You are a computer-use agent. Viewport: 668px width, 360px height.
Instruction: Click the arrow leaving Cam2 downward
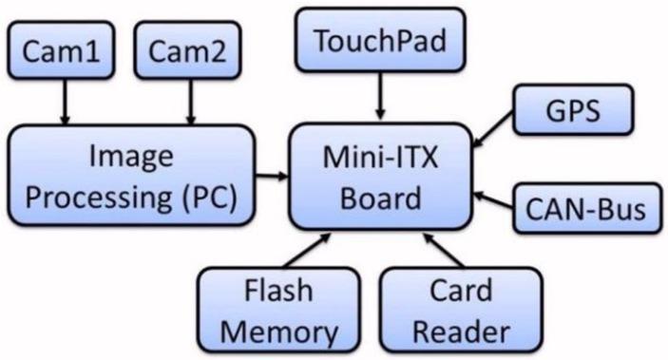click(x=190, y=103)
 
